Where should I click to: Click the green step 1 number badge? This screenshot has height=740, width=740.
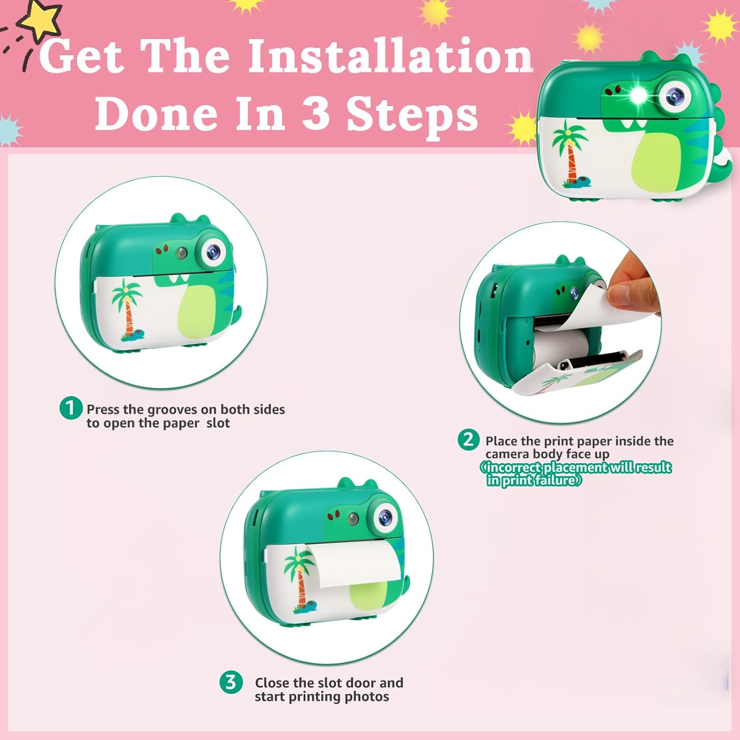pyautogui.click(x=71, y=408)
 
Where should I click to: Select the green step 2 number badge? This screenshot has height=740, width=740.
pyautogui.click(x=468, y=440)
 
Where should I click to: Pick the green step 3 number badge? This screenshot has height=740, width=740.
pyautogui.click(x=231, y=683)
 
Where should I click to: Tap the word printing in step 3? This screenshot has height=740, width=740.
pyautogui.click(x=315, y=697)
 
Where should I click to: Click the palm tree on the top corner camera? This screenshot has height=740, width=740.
pyautogui.click(x=570, y=153)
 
